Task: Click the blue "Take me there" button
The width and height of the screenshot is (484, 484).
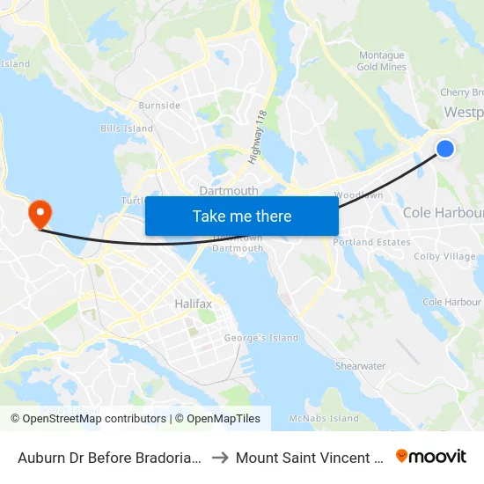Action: click(x=242, y=216)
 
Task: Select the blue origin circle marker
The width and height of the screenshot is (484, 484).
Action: click(x=445, y=149)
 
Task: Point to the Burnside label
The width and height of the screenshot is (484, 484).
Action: click(x=159, y=106)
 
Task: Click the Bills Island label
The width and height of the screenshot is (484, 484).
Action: click(x=127, y=128)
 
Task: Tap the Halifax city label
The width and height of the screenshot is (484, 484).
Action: click(x=193, y=304)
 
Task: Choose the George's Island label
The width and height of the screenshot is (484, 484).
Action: click(x=260, y=338)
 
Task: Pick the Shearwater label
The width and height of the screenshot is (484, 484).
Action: click(x=360, y=366)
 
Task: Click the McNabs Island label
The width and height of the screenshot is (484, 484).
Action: click(x=324, y=419)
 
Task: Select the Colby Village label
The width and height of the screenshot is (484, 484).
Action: click(x=444, y=257)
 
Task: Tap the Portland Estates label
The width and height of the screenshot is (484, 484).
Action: click(x=371, y=242)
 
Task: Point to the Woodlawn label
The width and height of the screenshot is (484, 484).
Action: click(x=358, y=194)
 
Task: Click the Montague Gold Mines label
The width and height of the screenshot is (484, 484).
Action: click(x=381, y=61)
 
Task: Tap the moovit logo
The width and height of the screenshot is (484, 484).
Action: click(x=430, y=456)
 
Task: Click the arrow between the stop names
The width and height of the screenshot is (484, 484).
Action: click(x=219, y=457)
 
